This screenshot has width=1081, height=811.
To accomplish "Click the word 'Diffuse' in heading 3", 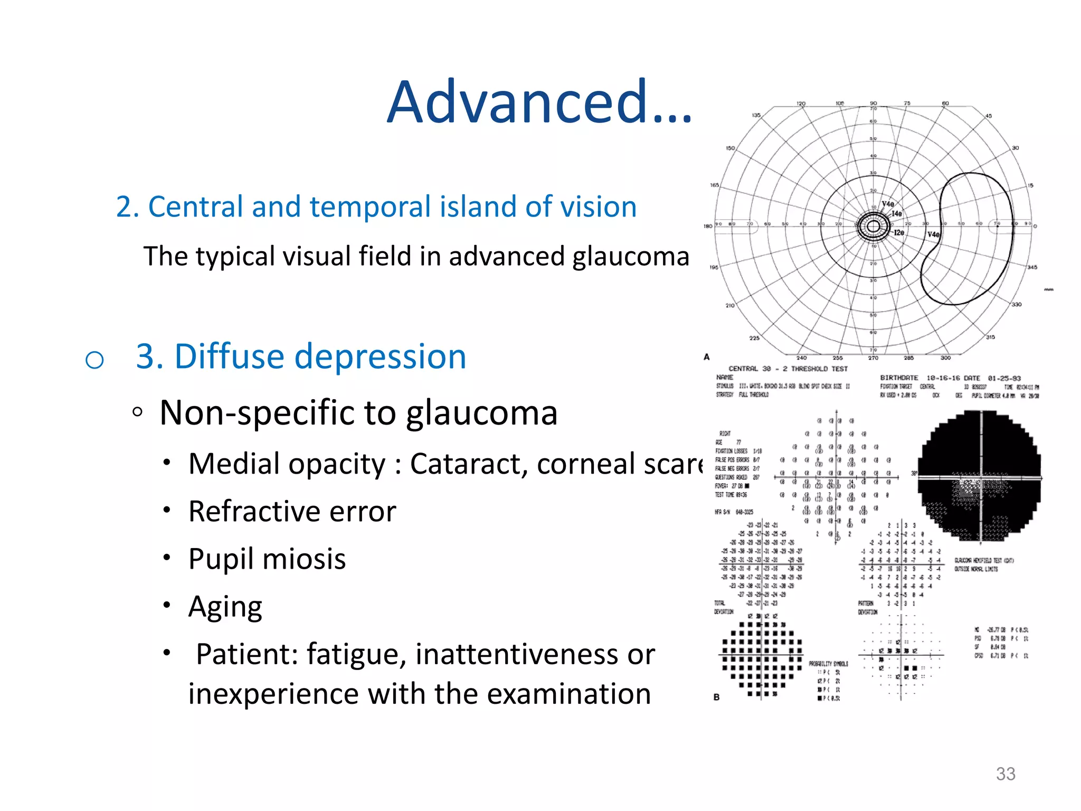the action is [229, 356].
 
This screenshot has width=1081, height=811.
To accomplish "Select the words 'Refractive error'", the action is [292, 511].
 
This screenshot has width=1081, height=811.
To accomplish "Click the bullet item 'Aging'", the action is [225, 607].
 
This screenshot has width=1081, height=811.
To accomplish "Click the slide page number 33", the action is [1005, 774].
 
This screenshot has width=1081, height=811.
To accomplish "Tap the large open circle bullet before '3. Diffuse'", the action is [94, 360].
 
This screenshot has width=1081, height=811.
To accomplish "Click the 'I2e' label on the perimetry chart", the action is [899, 232].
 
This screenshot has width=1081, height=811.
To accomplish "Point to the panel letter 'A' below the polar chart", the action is [707, 357].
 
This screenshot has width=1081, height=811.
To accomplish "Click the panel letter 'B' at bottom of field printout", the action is [716, 697].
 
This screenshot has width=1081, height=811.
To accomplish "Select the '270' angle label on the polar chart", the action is [874, 358].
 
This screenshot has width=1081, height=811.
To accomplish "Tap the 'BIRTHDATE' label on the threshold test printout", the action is [899, 378].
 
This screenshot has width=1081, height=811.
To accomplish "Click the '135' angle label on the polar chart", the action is [756, 115].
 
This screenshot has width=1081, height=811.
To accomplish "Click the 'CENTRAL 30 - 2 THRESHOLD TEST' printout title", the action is [788, 369].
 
